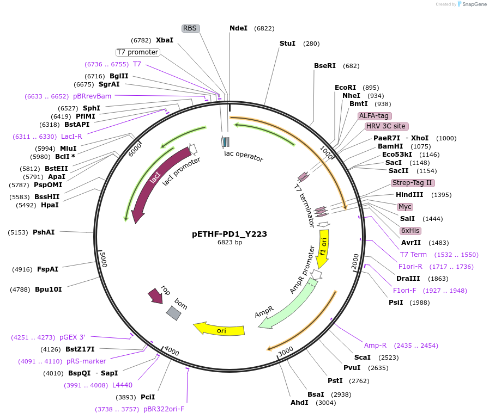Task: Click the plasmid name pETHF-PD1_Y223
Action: point(229,234)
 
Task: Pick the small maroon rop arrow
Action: point(155,295)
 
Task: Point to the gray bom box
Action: point(174,313)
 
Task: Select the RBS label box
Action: point(190,28)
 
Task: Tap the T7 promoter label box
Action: point(137,52)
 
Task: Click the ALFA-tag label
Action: point(374,116)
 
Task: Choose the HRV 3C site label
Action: point(387,126)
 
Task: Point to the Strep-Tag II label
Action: point(413,183)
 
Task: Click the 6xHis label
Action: point(410,231)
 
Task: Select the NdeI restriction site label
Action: point(239,28)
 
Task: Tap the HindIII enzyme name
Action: point(409,195)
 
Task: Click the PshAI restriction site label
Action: point(44,232)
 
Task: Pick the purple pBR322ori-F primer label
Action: point(164,409)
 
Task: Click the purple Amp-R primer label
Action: point(375,346)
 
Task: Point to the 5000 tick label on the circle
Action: point(104,260)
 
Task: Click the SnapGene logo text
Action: point(474,4)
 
